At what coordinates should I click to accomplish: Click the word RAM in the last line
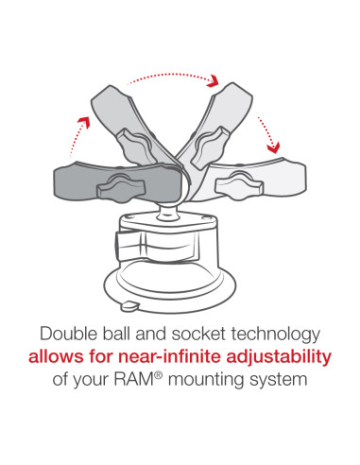(133, 379)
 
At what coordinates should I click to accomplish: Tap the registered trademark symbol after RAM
(159, 375)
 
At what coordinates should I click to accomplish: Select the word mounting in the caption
(206, 380)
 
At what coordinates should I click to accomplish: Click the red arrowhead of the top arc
(214, 80)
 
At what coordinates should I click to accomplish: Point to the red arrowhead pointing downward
(273, 147)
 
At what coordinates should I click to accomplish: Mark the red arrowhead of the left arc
(84, 121)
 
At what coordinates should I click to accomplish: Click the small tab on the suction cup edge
(129, 306)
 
